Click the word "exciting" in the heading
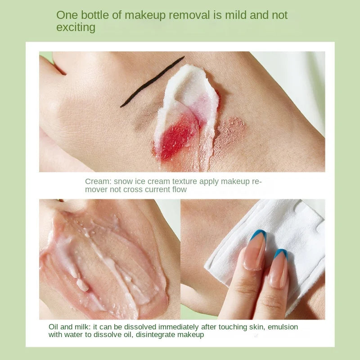tap(76, 27)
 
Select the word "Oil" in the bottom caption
tap(54, 327)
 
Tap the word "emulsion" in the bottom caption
tap(283, 327)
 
